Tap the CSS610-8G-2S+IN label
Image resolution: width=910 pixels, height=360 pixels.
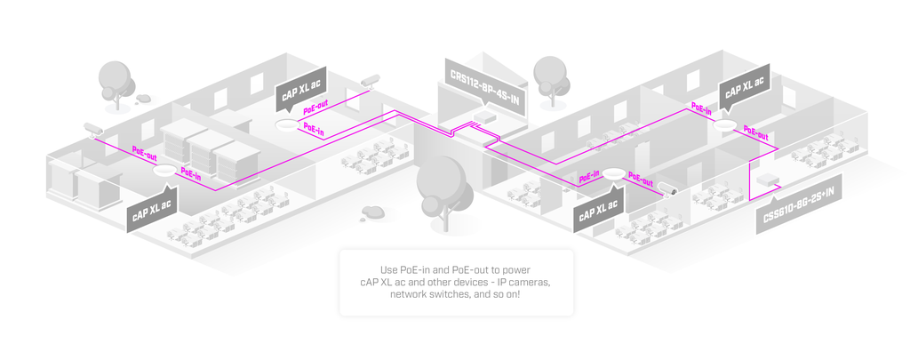(799, 204)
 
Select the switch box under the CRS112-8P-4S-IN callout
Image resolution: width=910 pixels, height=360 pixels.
(484, 116)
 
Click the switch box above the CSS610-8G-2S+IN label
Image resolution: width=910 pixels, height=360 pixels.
(762, 179)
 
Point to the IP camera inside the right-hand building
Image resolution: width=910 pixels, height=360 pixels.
(667, 188)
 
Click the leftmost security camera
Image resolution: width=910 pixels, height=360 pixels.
(92, 128)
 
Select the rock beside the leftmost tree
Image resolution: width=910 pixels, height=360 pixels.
(143, 99)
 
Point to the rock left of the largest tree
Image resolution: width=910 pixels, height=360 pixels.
(372, 212)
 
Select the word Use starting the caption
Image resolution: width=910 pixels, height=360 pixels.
(389, 270)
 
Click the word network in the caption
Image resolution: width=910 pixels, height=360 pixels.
(408, 294)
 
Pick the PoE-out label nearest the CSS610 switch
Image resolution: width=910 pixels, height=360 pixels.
(755, 133)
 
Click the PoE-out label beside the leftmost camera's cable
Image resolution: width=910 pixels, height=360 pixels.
(144, 153)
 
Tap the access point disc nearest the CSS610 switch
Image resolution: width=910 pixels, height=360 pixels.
(725, 124)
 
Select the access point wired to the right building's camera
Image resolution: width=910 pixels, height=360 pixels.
(613, 173)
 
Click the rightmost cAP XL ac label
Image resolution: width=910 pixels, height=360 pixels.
(745, 87)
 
